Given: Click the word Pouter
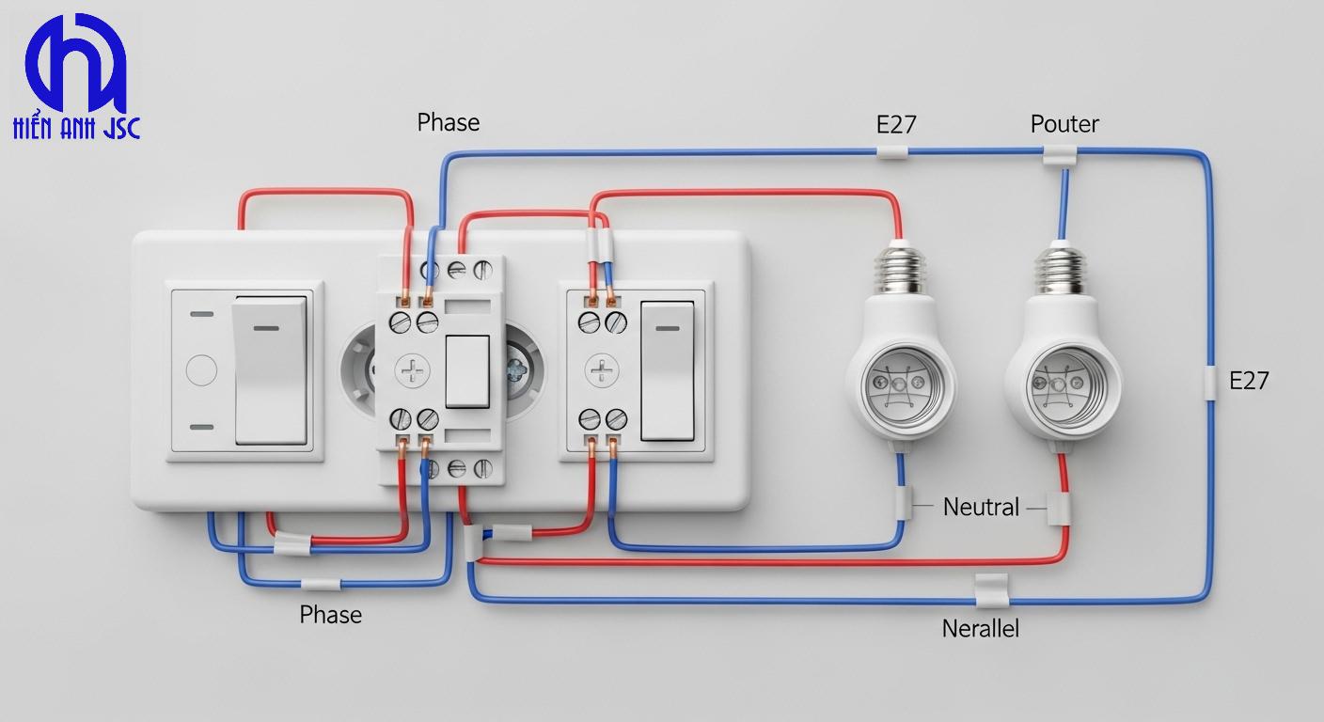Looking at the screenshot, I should (x=1064, y=124).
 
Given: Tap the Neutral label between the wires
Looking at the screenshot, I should (x=981, y=508).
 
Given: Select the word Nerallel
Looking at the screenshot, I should (x=980, y=629).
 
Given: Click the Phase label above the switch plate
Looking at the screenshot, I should (x=449, y=123).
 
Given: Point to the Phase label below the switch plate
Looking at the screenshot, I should (x=330, y=615).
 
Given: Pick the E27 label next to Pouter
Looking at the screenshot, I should (x=896, y=124).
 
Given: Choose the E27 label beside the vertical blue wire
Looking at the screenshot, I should (x=1249, y=381).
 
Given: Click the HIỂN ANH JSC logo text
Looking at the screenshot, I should (x=76, y=129).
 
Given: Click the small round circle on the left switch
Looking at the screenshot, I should (x=201, y=370).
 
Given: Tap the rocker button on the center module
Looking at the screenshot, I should (x=466, y=370).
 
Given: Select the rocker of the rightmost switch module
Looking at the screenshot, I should (x=667, y=370).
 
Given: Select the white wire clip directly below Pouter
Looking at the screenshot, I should (x=1060, y=155).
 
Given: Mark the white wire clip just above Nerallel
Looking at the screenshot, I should (x=991, y=589).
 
